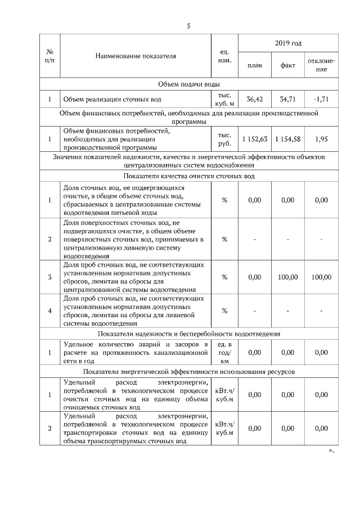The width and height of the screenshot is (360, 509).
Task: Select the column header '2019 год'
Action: coord(288,43)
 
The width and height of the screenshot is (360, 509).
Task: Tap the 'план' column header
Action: coord(255,65)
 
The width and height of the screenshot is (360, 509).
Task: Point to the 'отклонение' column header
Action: coord(321,65)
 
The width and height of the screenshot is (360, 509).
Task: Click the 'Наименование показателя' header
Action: coord(136,56)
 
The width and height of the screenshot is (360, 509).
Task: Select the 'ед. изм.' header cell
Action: coord(224,56)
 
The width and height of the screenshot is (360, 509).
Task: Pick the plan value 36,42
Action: coord(255,100)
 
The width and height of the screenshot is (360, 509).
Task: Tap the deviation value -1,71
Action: coord(321,100)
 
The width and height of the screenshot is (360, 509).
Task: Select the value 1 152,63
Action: coord(255,139)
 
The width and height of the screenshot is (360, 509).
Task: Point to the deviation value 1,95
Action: coord(321,139)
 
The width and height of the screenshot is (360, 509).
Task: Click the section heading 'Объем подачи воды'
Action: coord(188,84)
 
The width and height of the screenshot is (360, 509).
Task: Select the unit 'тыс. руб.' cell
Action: coord(224,139)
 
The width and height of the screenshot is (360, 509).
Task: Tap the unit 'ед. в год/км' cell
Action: coord(224,353)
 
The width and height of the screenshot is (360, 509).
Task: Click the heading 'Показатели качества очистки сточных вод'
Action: coord(188,176)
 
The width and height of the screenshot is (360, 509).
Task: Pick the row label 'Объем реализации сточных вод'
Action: coord(112,100)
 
